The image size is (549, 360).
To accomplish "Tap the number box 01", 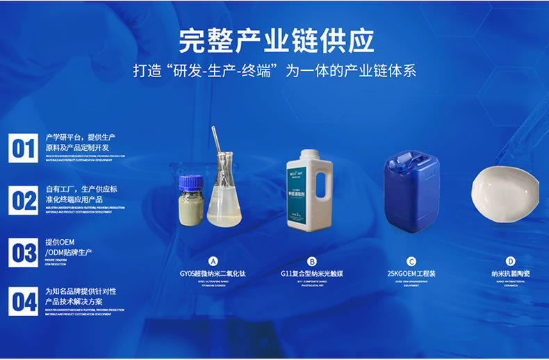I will pos(23,148).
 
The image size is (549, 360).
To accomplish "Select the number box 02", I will pos(23,200).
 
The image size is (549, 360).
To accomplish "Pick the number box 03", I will pos(23,252).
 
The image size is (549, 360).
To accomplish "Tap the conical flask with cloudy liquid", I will pos(224,198).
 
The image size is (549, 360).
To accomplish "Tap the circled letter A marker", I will pos(214,261).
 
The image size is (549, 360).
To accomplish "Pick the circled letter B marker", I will pos(312,261).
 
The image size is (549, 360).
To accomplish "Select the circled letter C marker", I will pos(411,261).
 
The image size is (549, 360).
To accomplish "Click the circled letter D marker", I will pos(511,261).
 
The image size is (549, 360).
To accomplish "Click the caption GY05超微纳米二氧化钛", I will pos(214,274).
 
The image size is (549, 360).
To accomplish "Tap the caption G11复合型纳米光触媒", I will pos(312,274).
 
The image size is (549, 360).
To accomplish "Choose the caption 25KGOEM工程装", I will pos(411,274).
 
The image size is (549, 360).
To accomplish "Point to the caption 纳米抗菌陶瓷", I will pos(511,274).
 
